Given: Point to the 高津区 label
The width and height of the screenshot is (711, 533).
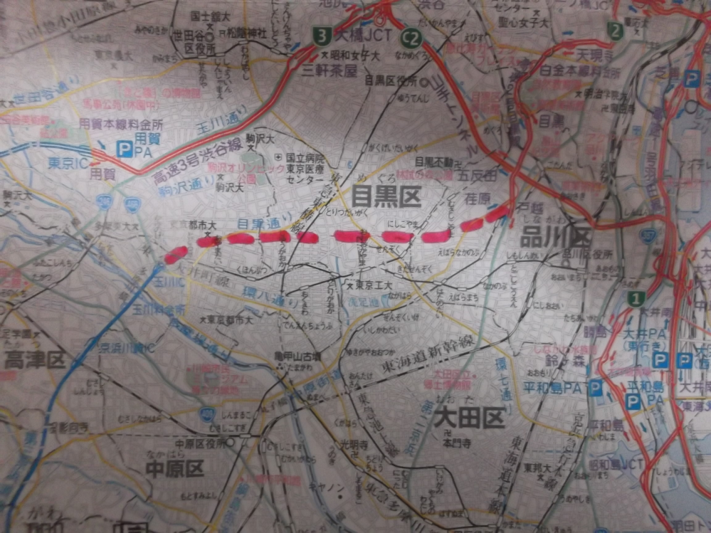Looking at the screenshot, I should point(34,360).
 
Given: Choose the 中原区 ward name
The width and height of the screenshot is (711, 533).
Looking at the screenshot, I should point(174,468).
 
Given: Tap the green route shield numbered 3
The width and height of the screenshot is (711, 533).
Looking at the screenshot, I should point(323,34).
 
